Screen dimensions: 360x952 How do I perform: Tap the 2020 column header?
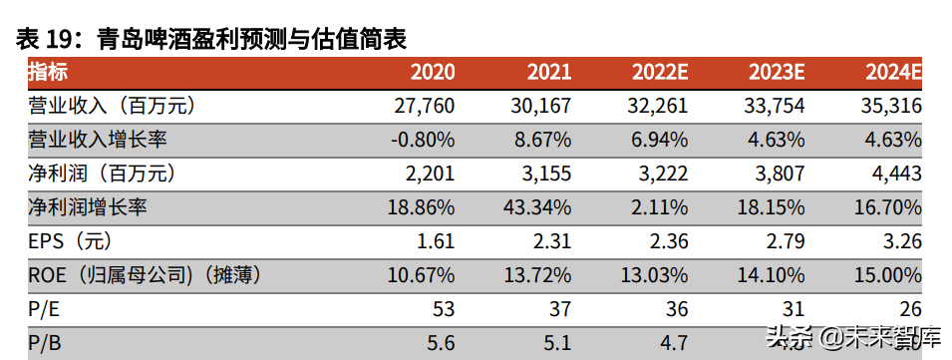[433, 72]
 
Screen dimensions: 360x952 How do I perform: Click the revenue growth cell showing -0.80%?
[423, 140]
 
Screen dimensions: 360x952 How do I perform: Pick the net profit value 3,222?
[659, 174]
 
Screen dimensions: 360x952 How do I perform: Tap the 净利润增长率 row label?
[88, 207]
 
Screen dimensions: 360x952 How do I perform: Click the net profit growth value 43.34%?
[538, 207]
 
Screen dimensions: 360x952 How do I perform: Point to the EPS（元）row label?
[71, 241]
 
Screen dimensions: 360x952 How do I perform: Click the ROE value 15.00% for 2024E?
[887, 275]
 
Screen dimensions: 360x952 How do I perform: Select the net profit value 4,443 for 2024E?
[894, 174]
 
